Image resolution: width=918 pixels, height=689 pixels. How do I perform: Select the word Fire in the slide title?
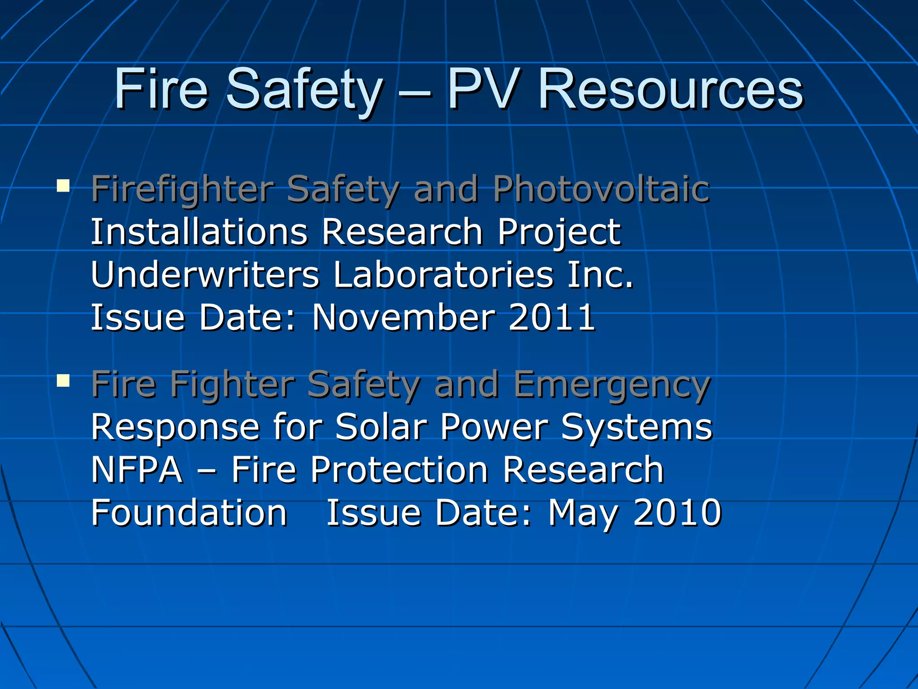[x=160, y=90]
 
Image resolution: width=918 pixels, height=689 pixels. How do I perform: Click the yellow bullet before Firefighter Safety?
[x=63, y=185]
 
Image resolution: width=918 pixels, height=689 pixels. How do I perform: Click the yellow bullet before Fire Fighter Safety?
[x=63, y=381]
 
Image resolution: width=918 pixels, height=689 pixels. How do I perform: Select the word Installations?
[x=199, y=232]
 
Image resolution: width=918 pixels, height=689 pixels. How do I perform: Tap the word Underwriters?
[x=205, y=275]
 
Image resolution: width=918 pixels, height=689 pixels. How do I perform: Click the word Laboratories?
[x=443, y=275]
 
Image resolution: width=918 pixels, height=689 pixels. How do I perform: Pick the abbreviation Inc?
[x=600, y=275]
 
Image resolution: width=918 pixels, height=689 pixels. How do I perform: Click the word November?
[x=403, y=317]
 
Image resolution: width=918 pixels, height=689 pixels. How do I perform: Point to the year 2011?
[x=551, y=317]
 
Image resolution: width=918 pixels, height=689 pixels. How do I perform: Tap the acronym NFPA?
[x=137, y=470]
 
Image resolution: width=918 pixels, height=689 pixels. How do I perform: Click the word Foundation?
[x=189, y=512]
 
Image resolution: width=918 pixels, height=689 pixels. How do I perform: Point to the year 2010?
[x=677, y=512]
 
